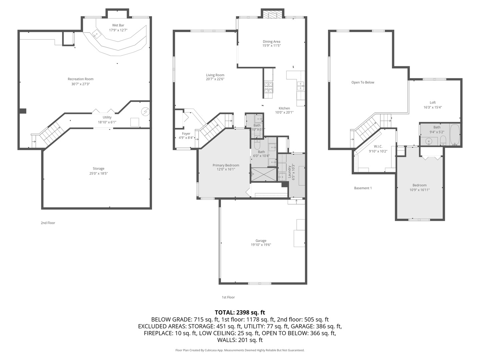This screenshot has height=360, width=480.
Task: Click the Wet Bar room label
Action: [x=118, y=25]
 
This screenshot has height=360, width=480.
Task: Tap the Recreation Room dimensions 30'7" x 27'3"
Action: [x=81, y=84]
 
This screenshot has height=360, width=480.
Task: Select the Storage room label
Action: [x=98, y=169]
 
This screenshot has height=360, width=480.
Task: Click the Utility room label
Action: [x=107, y=117]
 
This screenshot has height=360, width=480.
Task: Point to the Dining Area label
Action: [x=271, y=42]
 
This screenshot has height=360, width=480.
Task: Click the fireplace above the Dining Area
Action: [x=272, y=14]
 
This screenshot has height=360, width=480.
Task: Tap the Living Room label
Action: [x=215, y=75]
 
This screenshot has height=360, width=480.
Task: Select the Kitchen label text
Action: [x=284, y=108]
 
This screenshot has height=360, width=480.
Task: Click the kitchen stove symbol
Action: [x=268, y=87]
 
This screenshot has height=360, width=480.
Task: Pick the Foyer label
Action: [x=186, y=134]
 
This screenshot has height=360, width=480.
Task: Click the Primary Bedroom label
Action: [x=226, y=165]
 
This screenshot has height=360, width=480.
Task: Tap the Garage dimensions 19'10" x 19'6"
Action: [x=261, y=245]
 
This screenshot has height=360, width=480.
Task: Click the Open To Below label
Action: [x=363, y=82]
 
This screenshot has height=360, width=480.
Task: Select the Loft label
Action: [x=433, y=103]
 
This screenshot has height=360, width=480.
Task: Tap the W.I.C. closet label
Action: [x=378, y=147]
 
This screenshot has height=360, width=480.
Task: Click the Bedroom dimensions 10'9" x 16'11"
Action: [x=419, y=190]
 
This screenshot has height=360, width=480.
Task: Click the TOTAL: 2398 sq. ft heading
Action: [x=240, y=312]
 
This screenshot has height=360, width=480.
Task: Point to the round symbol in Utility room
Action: [x=145, y=111]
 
